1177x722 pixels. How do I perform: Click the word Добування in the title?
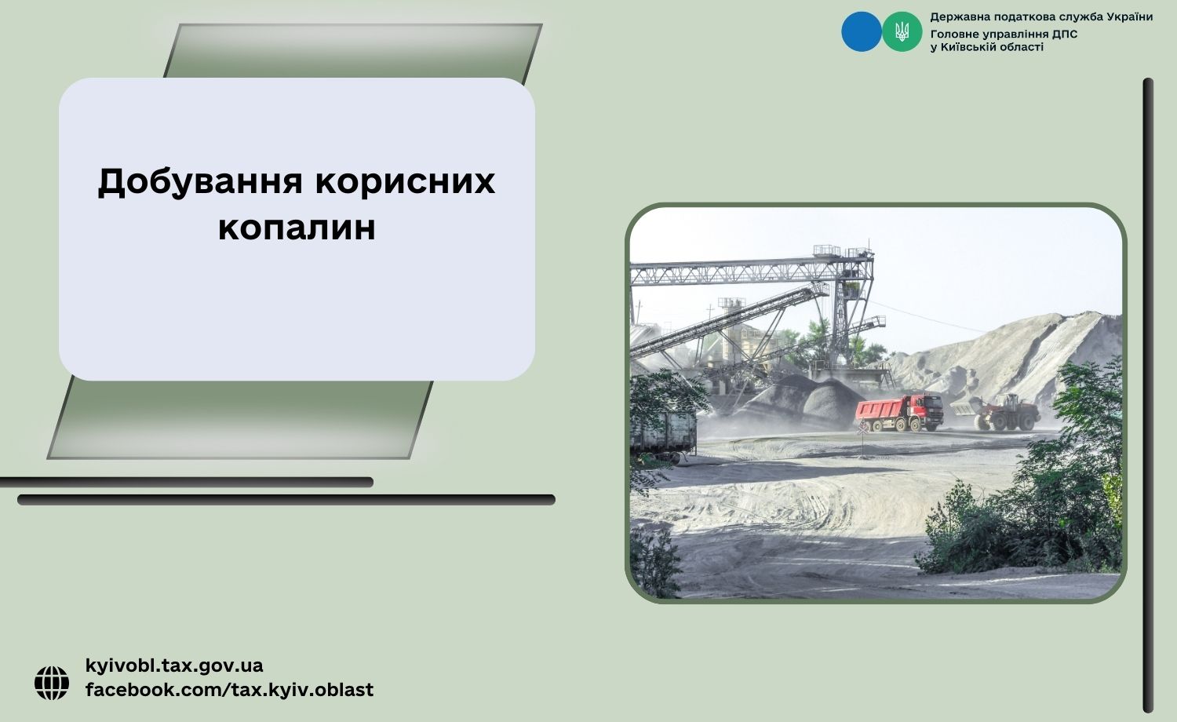coord(200,182)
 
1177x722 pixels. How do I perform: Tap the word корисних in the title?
coord(405,182)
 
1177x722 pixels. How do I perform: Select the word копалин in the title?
coord(297,228)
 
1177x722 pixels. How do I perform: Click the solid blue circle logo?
coord(862,31)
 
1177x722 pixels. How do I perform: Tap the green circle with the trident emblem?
coord(902,31)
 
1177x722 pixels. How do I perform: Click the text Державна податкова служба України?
coord(1041,16)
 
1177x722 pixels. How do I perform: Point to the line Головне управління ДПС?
coord(1004,35)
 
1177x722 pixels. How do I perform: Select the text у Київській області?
coord(987,47)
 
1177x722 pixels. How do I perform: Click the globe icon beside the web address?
coord(52,683)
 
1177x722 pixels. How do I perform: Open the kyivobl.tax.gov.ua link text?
coord(174,665)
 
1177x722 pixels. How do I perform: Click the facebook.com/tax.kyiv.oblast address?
coord(229,689)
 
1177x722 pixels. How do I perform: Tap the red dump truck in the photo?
coord(899,413)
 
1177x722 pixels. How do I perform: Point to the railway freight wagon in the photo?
coord(663,433)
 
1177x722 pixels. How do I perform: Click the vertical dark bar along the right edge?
coord(1148,396)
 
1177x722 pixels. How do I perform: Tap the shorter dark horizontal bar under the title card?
coord(187,483)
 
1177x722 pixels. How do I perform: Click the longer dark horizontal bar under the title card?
coord(286,500)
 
